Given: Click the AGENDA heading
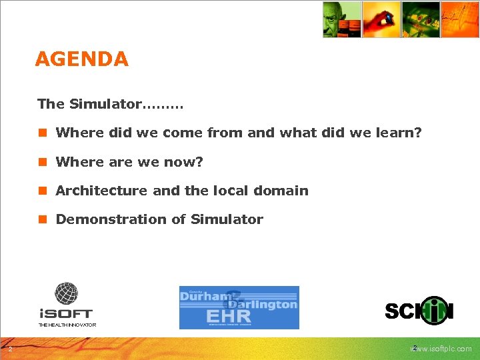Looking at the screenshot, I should click(x=81, y=59).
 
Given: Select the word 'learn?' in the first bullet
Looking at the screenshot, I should click(x=399, y=133).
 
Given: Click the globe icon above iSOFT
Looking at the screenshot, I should click(x=66, y=293).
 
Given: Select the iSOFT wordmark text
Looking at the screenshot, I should click(x=66, y=313).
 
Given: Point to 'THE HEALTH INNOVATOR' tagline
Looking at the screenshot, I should click(x=67, y=325).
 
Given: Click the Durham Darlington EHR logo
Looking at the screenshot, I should click(x=239, y=307).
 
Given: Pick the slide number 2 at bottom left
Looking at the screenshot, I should click(x=10, y=349).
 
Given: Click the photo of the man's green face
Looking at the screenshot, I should click(x=341, y=19).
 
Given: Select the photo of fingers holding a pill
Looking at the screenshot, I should click(x=381, y=19).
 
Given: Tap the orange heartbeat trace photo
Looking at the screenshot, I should click(x=460, y=19).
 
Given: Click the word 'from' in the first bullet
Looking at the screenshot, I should click(x=225, y=133).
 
